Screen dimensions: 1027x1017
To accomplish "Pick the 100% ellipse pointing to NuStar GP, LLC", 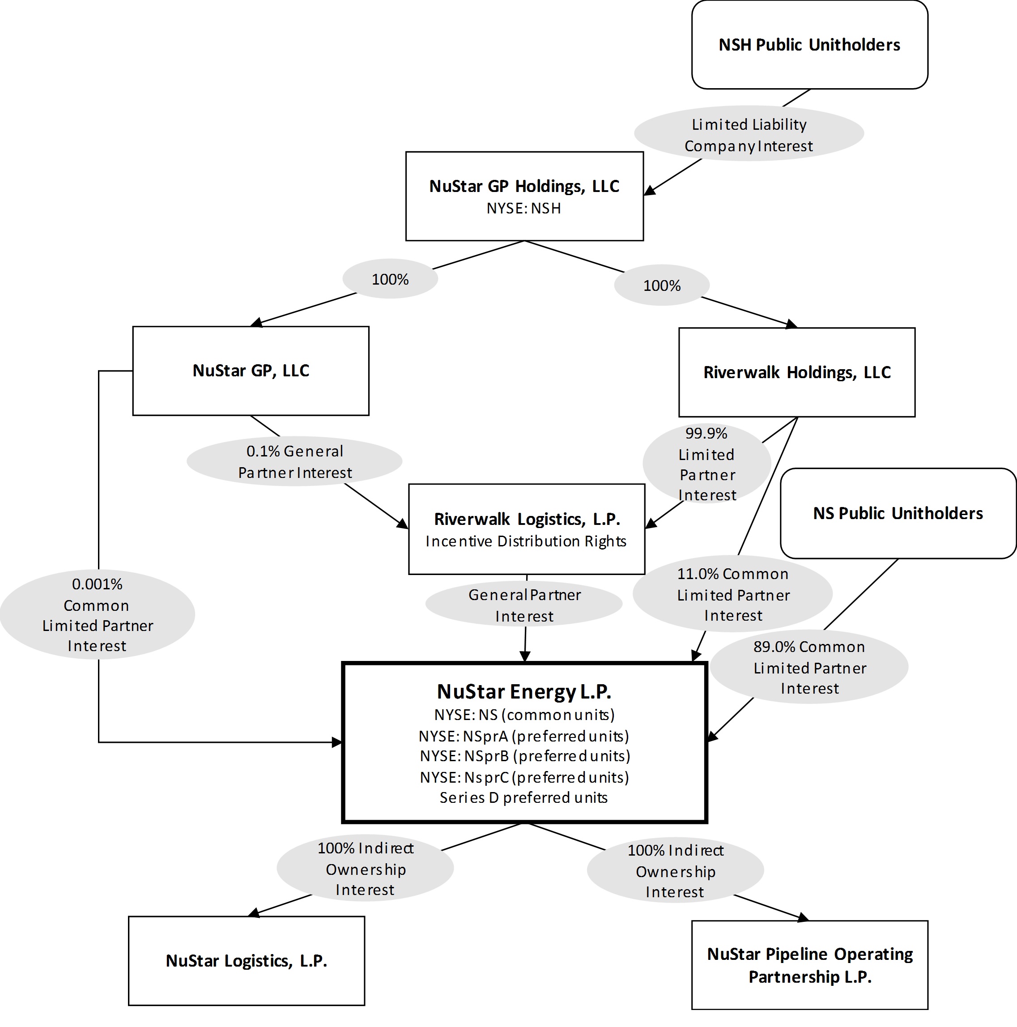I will click(x=390, y=279).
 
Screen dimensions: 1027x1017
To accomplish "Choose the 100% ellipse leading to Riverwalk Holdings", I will click(x=661, y=286).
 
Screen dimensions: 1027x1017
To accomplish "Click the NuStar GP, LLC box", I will click(x=251, y=371).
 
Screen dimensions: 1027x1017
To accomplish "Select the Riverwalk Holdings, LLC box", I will click(x=796, y=372).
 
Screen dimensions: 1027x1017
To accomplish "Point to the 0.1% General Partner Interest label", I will click(x=294, y=461).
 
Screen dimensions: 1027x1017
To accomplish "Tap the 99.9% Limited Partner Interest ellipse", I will click(x=706, y=464).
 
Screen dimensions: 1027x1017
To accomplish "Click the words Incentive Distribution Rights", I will click(x=526, y=541).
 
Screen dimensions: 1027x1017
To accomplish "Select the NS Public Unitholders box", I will click(x=898, y=513).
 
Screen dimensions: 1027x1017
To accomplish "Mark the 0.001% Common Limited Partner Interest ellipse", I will click(x=97, y=614).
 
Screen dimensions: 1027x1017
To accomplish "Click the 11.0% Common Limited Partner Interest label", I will click(x=732, y=594).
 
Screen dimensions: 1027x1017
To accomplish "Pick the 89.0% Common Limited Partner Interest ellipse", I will click(x=809, y=667).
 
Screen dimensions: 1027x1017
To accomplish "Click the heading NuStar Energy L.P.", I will click(x=524, y=691).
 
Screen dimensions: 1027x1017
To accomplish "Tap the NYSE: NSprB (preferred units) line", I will click(x=525, y=756).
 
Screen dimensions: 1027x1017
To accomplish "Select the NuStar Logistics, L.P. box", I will click(x=246, y=961).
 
